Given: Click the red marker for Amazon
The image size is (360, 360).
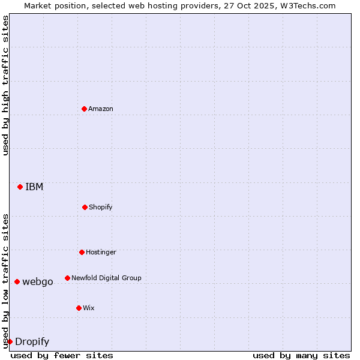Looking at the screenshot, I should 84,109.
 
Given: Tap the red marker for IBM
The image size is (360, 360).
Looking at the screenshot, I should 20,187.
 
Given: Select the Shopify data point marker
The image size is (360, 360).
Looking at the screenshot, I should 85,207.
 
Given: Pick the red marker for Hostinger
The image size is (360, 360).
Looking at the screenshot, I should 82,252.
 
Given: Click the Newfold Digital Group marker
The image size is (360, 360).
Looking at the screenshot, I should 67,278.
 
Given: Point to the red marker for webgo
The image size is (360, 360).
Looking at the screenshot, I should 17,281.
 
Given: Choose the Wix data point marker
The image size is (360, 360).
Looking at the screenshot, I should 79,308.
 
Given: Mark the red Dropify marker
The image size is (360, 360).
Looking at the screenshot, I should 10,341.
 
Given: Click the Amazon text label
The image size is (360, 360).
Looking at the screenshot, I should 101,109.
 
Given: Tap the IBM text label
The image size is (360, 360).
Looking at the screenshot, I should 34,187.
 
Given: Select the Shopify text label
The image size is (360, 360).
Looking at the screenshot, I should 101,207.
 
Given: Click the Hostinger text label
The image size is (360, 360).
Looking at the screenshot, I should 101,252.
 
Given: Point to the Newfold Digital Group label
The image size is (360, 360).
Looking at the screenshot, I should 106,278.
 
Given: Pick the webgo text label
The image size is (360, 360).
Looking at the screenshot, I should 38,281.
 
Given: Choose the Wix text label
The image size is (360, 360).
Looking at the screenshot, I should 89,308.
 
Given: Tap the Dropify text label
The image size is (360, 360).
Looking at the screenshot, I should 32,342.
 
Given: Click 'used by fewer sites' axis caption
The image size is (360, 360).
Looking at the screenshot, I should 62,355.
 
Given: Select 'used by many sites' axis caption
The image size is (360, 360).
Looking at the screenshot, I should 301,355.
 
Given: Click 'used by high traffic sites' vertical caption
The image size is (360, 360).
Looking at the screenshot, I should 5,85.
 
